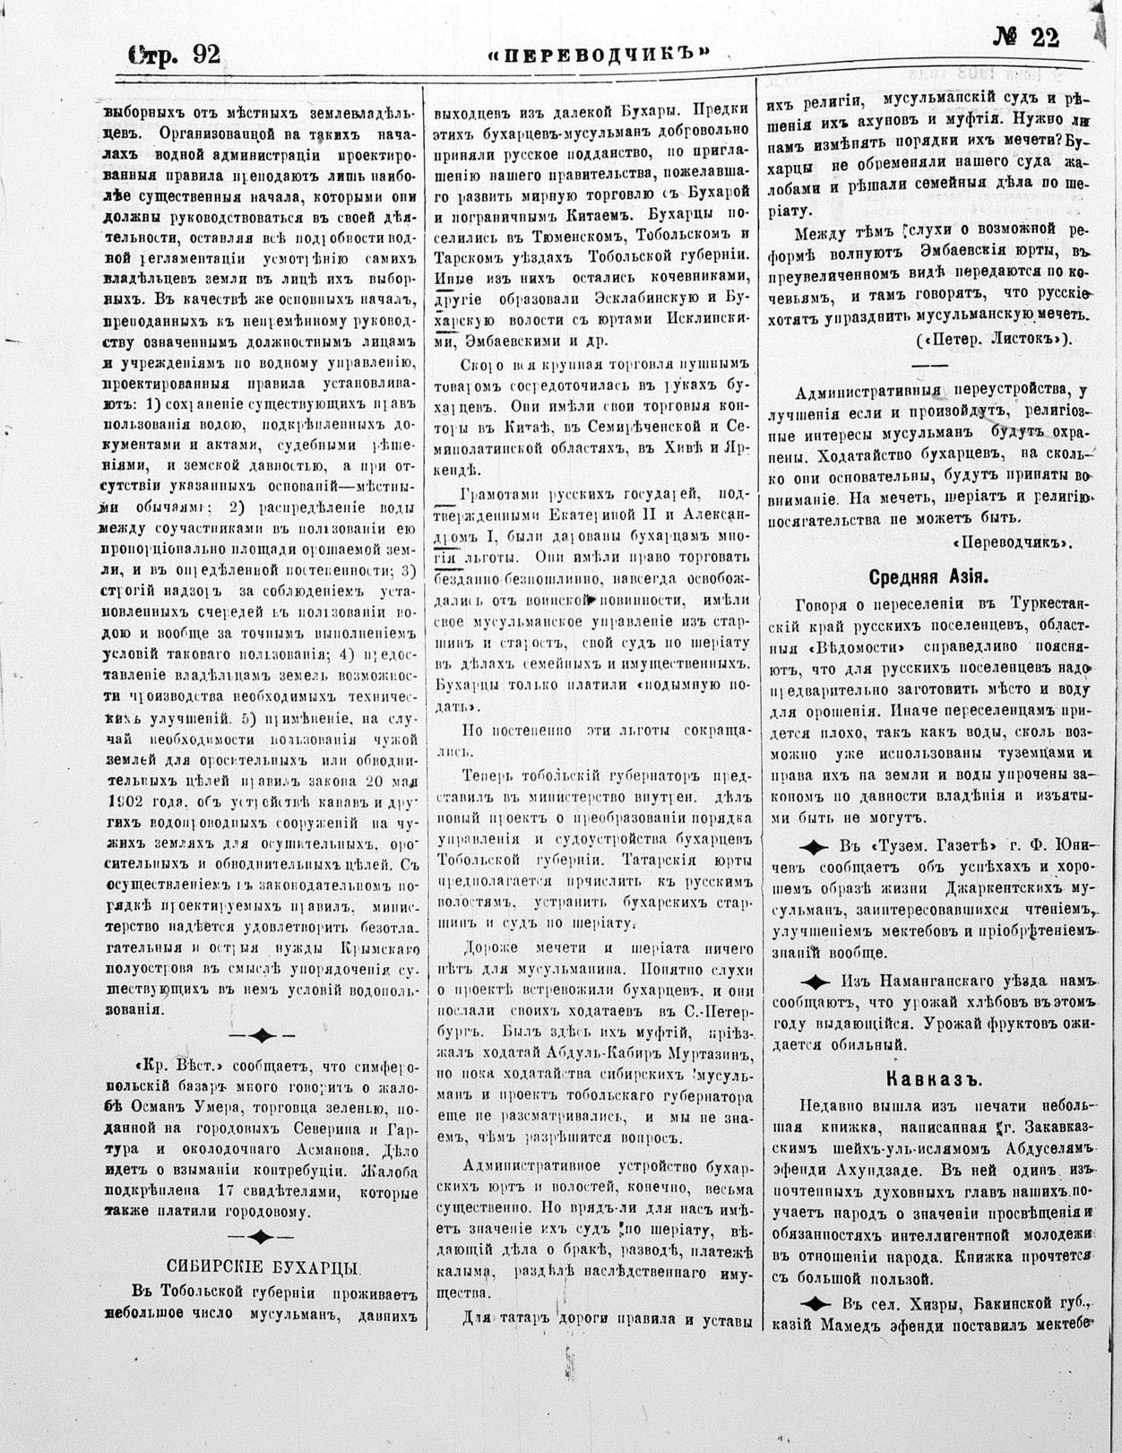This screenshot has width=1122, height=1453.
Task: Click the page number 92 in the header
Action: tap(205, 56)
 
